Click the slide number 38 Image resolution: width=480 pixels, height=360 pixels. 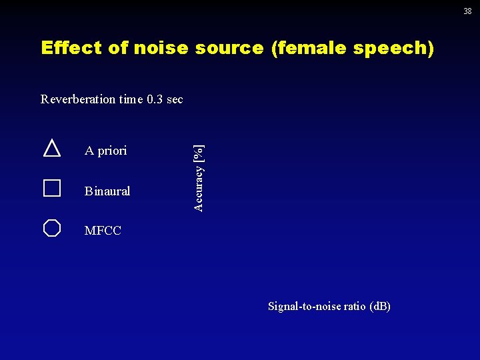click(467, 11)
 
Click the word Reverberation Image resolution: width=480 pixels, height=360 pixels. click(78, 99)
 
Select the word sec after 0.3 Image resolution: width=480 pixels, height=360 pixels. click(175, 99)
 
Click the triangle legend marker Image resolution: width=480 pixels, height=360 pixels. click(52, 148)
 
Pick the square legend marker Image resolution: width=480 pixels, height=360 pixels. click(52, 188)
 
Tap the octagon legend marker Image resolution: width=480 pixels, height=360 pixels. click(52, 228)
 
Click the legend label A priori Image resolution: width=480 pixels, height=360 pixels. click(105, 151)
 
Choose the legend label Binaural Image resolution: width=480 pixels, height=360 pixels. click(107, 191)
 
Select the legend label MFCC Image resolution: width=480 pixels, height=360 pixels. click(103, 231)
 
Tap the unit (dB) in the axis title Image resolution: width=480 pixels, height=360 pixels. click(380, 306)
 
